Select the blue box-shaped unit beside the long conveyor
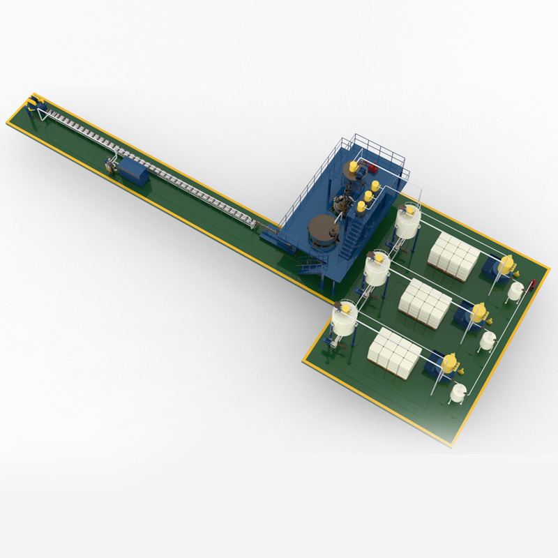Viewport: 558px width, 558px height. pos(134,171)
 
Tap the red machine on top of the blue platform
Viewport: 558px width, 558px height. pos(372,167)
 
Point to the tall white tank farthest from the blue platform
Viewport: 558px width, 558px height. pos(344,319)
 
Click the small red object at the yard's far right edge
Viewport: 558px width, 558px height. pos(534,284)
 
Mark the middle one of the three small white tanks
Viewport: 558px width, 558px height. pos(487,340)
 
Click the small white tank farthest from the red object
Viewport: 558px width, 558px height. pos(458,392)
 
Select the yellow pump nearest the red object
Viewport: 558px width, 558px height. pos(506,265)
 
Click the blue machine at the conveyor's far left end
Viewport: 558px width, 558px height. pos(33,105)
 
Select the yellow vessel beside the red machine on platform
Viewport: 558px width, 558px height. pos(356,167)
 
